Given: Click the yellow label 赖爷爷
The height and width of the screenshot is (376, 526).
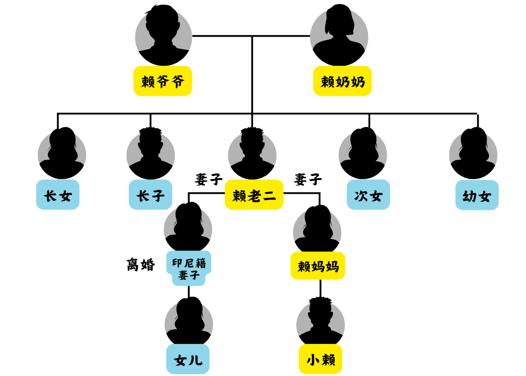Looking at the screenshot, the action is click(x=163, y=81).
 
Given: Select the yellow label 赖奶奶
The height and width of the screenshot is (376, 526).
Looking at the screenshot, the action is click(x=342, y=81).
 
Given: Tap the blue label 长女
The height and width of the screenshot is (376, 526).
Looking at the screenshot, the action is click(x=58, y=195).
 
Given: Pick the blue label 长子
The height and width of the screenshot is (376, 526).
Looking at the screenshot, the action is click(x=151, y=195).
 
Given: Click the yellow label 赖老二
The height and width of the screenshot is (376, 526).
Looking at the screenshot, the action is click(x=254, y=195).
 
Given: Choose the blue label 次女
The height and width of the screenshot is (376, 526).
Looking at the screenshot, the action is click(x=369, y=195).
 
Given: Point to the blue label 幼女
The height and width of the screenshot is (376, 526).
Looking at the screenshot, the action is click(x=477, y=195).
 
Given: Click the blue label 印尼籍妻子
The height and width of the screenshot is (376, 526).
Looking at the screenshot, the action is click(x=189, y=268).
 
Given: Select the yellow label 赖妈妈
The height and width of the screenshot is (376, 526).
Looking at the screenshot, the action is click(x=318, y=266).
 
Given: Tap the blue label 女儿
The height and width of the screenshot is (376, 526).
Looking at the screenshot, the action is click(x=188, y=359).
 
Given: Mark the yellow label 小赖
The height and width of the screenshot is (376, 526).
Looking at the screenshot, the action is click(x=320, y=359).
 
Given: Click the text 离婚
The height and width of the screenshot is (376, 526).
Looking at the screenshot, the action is click(x=141, y=265).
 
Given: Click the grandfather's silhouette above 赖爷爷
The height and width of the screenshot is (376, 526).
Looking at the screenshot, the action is click(x=163, y=35).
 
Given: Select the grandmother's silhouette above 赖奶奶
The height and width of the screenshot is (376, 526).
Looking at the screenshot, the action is click(x=339, y=35).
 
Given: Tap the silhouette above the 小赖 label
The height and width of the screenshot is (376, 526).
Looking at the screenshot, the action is click(x=320, y=321).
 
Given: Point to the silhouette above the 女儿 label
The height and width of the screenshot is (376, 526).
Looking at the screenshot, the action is click(x=189, y=321).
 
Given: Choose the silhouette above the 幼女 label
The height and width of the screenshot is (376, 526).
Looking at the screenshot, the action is click(x=473, y=153).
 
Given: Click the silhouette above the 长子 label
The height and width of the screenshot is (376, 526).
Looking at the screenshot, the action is click(x=151, y=153).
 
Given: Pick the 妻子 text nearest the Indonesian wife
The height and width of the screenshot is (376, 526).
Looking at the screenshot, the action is click(x=209, y=179).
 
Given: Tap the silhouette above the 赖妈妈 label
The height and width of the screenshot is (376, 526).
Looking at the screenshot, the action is click(x=317, y=229).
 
